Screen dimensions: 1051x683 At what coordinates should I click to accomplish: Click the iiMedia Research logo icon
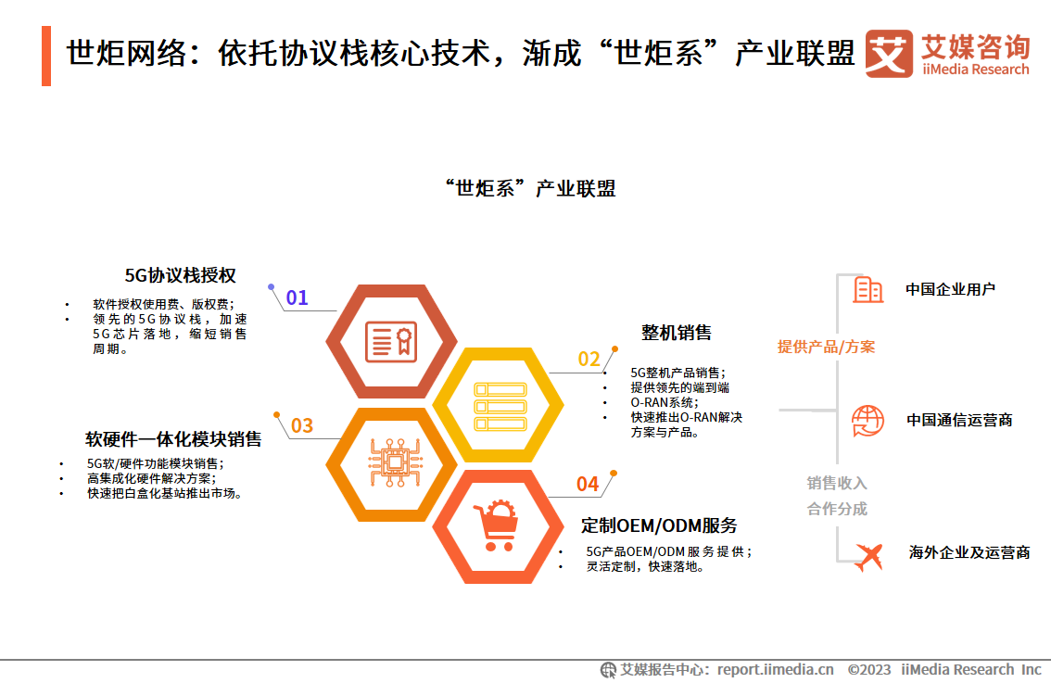tap(889, 54)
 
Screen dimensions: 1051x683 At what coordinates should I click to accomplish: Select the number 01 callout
tap(297, 297)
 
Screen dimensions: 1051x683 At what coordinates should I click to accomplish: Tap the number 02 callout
tap(589, 360)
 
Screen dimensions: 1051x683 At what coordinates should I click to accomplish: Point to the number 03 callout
tap(302, 425)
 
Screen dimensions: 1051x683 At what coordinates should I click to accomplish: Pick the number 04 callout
tap(588, 484)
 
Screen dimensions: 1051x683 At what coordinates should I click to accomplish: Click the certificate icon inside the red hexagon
tap(391, 342)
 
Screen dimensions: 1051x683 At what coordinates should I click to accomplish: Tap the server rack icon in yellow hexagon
tap(500, 406)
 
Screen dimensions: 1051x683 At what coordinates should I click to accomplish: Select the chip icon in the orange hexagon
tap(395, 462)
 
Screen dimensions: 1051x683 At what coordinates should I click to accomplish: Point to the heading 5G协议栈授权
tap(181, 275)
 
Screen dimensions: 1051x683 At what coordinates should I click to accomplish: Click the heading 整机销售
tap(677, 333)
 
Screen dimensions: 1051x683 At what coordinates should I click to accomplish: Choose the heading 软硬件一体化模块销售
tap(173, 439)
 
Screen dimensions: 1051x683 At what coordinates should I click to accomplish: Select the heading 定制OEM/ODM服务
tap(659, 525)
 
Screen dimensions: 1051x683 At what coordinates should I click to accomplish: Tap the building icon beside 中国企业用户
tap(868, 289)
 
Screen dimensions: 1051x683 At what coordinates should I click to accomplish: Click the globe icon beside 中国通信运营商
tap(868, 421)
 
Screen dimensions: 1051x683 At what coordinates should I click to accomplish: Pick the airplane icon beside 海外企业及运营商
tap(869, 556)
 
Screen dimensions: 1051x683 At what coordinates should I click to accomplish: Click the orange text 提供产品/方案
tap(827, 347)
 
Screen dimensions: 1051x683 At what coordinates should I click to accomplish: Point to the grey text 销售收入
tap(837, 483)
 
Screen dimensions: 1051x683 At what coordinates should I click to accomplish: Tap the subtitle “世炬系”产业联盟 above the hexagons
tap(529, 188)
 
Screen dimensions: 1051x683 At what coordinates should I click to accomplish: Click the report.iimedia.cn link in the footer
tap(776, 670)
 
